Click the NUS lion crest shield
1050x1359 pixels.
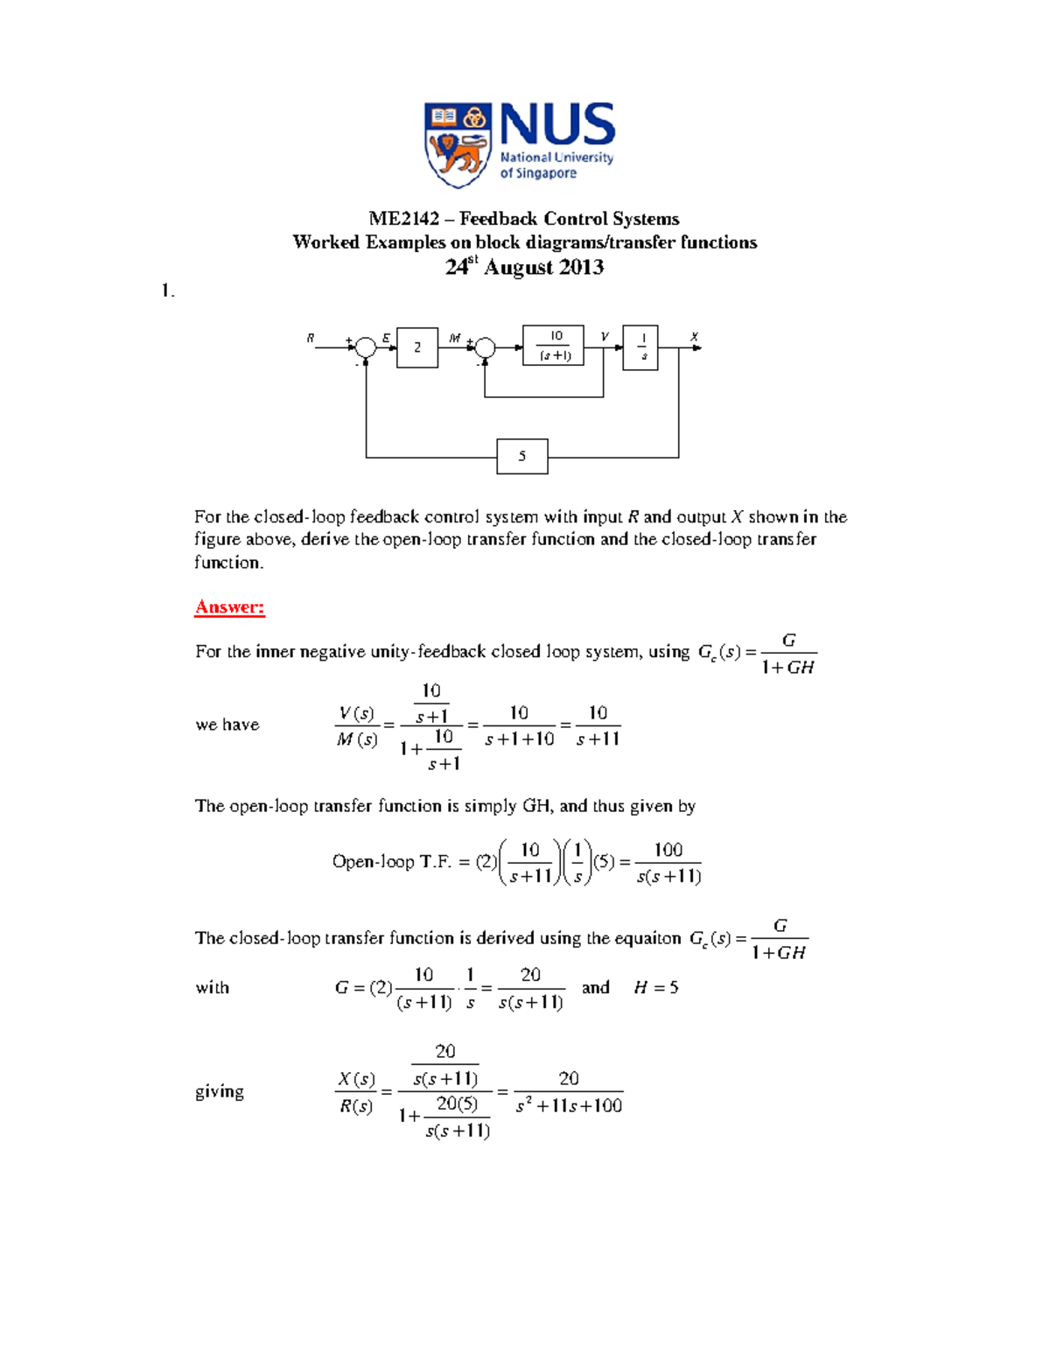(x=456, y=144)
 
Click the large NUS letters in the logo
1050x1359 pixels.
(x=557, y=124)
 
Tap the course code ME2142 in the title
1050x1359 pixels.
(x=403, y=219)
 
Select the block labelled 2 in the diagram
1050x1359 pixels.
(x=417, y=347)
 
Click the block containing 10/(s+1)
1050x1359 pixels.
(x=553, y=346)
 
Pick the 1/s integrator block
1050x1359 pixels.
(x=640, y=347)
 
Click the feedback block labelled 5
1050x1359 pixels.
(x=522, y=456)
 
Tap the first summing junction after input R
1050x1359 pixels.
(x=366, y=348)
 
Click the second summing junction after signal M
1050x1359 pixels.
(x=485, y=348)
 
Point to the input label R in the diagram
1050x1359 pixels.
(x=311, y=338)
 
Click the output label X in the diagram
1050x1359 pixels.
(x=694, y=337)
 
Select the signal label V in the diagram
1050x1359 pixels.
(x=604, y=337)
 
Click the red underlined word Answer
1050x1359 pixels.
(x=229, y=607)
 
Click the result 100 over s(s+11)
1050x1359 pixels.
(x=668, y=863)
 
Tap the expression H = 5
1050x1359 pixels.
(x=656, y=988)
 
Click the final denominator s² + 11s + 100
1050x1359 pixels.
(x=569, y=1106)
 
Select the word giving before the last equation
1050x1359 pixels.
(x=220, y=1091)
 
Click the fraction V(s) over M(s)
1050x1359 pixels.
(x=357, y=726)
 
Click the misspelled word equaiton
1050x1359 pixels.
(x=647, y=938)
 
